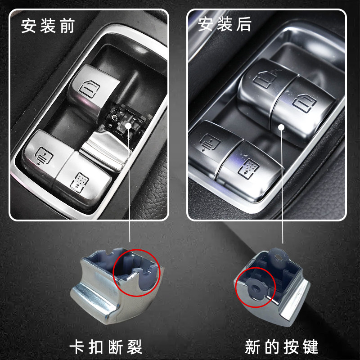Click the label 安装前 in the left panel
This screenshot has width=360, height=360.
point(47,26)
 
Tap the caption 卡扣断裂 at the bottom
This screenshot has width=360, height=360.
point(105,346)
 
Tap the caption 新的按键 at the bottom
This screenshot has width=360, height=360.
point(282,346)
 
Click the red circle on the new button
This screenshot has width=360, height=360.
point(254,288)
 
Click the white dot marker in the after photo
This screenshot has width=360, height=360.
point(283,127)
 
